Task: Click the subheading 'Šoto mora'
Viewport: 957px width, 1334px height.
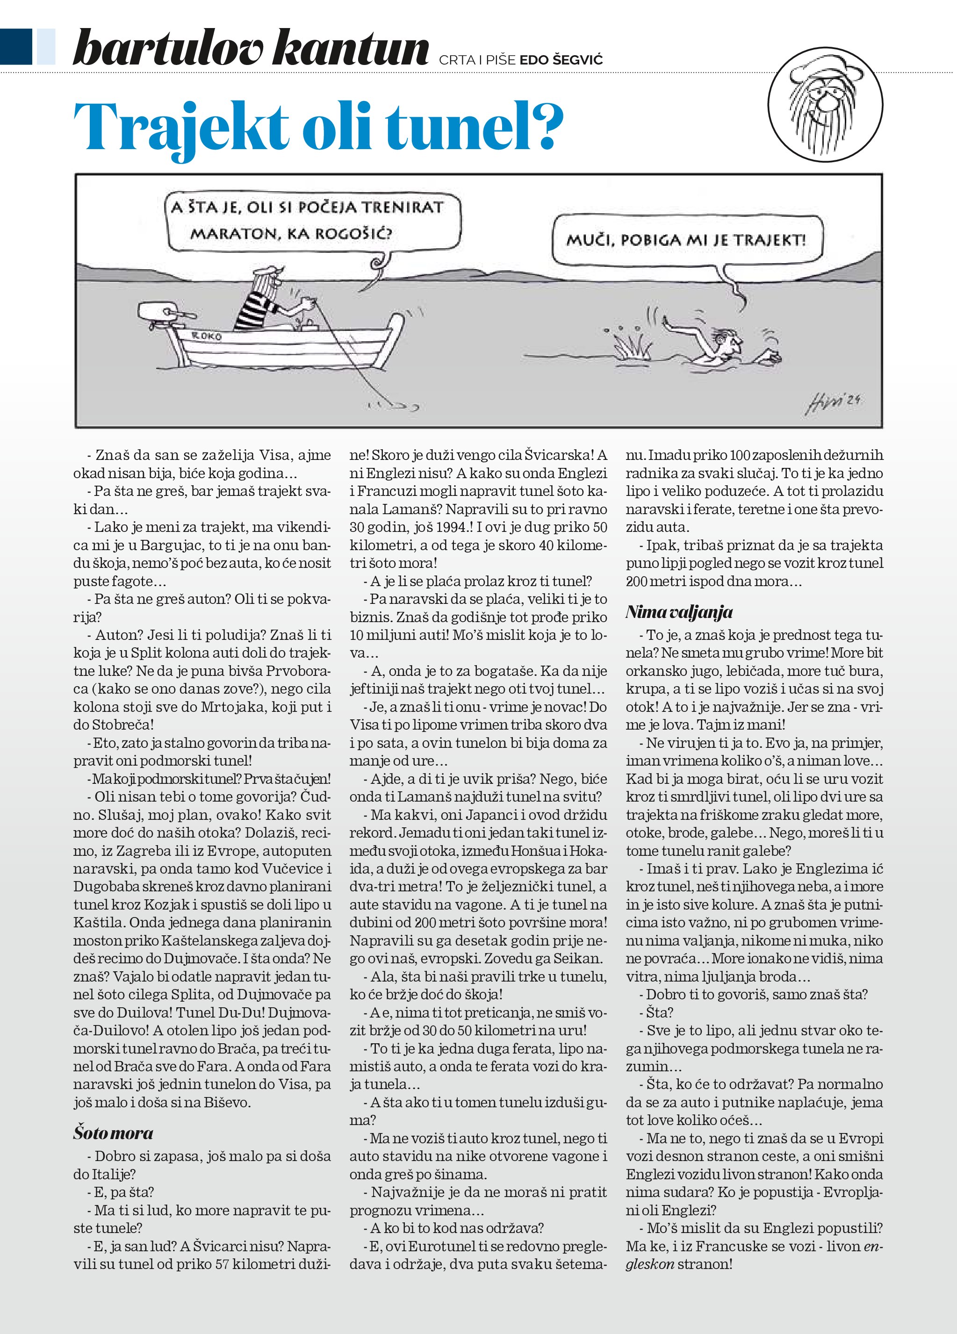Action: coord(114,1133)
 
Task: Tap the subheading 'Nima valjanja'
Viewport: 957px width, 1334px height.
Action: coord(679,612)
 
